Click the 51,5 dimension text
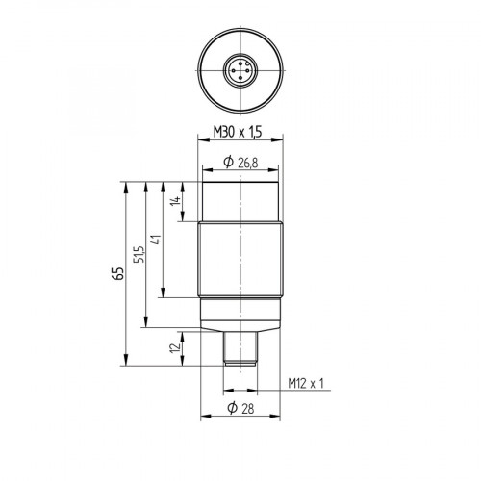coord(139,255)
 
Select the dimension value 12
coord(175,348)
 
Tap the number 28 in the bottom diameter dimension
coord(247,410)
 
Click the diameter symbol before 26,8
coord(227,165)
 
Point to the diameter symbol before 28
coord(232,410)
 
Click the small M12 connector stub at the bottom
coord(240,348)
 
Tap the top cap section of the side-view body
coord(240,199)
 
